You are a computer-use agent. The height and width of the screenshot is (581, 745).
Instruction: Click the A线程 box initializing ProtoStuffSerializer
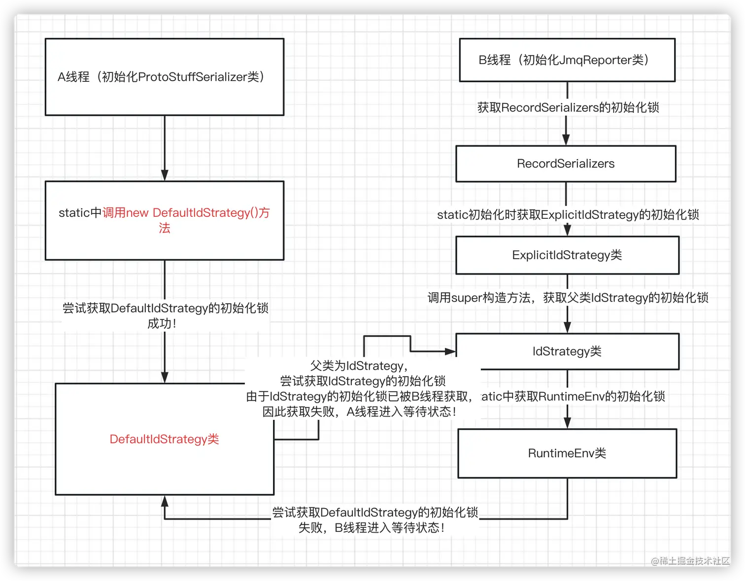point(164,77)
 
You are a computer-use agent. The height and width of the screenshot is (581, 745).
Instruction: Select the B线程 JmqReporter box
point(567,60)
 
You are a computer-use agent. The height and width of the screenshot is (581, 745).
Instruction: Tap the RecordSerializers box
point(566,164)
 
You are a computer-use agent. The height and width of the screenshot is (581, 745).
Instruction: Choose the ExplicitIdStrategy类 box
point(567,255)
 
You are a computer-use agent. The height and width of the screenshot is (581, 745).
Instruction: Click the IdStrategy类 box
point(567,351)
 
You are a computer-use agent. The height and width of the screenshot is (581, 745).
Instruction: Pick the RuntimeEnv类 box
point(567,453)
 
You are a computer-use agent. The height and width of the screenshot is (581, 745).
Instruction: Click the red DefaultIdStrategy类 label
point(164,439)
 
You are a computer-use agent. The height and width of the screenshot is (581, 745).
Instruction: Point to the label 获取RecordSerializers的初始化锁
point(568,107)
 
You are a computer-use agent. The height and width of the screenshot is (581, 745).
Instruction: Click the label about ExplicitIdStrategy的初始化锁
point(568,215)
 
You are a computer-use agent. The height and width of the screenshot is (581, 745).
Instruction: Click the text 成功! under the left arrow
point(162,324)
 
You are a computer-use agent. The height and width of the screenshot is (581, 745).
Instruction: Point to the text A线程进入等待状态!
point(402,411)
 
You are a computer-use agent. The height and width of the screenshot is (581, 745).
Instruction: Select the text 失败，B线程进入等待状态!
point(372,528)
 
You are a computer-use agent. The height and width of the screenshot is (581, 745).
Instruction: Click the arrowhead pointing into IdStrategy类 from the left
point(450,351)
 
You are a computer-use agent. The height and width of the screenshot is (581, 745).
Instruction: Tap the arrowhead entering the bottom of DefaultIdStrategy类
point(165,501)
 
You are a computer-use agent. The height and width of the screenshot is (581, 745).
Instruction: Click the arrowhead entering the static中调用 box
point(165,175)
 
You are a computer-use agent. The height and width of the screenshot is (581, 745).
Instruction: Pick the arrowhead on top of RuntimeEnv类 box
point(567,423)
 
